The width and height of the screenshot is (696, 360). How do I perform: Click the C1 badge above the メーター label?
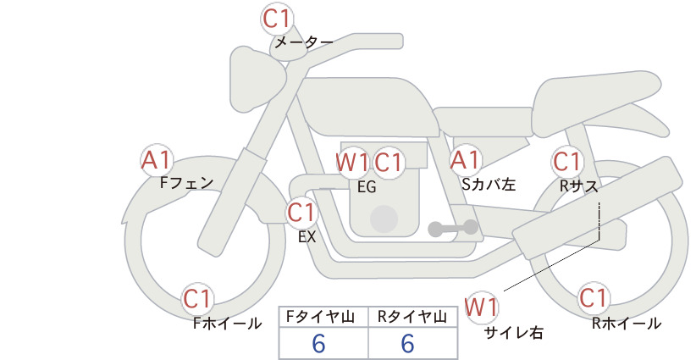276,19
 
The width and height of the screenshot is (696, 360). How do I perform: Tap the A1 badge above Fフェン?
156,160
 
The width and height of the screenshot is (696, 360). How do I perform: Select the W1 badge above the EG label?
351,163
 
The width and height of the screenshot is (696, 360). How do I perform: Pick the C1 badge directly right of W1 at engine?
388,163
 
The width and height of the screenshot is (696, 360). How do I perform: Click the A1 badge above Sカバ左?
465,160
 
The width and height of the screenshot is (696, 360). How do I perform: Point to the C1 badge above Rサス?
566,162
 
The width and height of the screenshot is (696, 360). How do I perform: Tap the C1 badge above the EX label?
301,213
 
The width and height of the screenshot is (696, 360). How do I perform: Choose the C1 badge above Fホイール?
196,299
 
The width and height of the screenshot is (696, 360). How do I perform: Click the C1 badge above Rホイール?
593,298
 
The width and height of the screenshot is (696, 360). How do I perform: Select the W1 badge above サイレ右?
482,307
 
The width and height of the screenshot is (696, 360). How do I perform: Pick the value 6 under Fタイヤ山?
318,343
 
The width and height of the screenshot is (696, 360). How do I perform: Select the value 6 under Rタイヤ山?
407,343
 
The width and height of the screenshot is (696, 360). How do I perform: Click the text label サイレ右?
514,333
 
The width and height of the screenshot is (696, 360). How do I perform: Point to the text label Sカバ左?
489,184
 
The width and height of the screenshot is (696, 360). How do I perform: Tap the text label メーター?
304,42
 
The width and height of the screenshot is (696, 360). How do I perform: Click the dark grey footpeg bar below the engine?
453,228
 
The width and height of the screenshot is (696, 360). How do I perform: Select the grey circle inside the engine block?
384,219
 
